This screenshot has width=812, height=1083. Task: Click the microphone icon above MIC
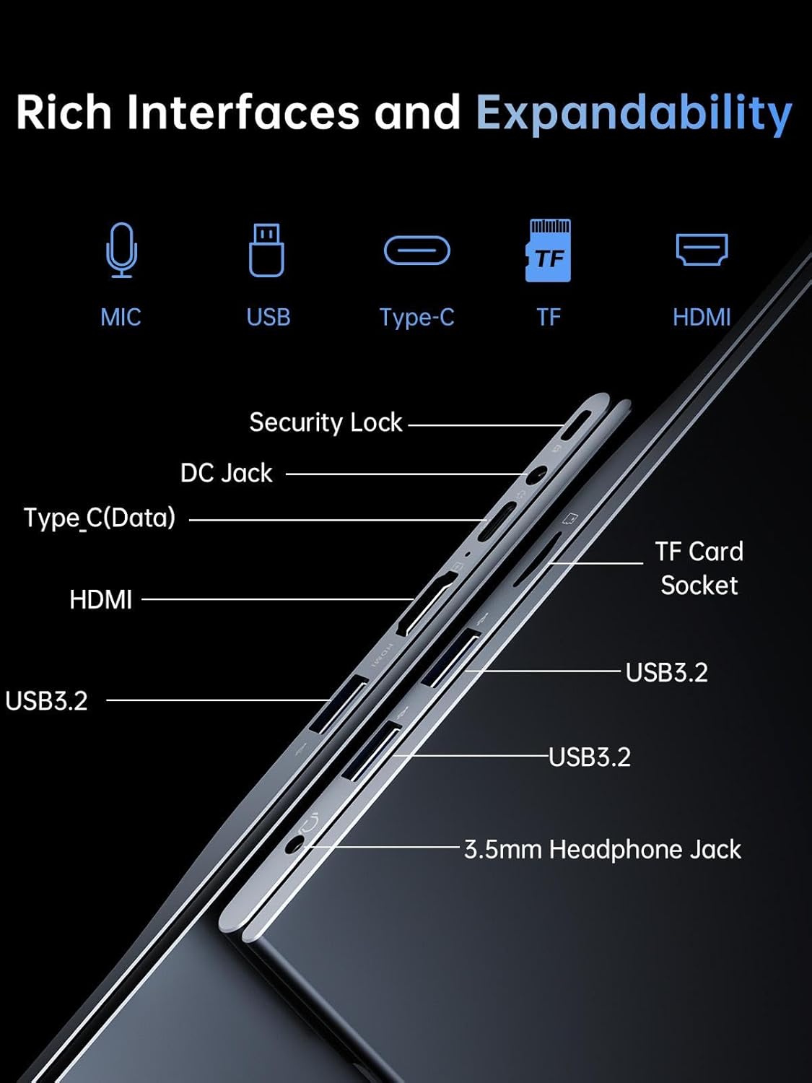coord(121,250)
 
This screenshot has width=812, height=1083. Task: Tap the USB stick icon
coord(266,250)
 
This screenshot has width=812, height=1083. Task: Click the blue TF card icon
coord(549,250)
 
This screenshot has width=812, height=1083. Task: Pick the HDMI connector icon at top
coord(702,249)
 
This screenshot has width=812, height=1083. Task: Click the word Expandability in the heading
coord(634,113)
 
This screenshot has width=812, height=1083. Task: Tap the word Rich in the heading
coord(64,113)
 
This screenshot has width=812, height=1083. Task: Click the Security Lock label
coord(326,422)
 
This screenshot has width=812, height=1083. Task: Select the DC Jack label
coord(226,473)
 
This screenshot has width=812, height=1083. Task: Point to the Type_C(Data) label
coord(100,518)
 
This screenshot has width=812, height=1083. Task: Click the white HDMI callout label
coord(100,599)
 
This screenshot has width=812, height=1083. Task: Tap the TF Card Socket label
coord(699,568)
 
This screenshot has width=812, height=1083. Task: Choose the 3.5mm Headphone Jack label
coord(602,849)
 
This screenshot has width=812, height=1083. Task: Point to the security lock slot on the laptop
coord(578,425)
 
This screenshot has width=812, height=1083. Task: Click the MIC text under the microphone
coord(121,317)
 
